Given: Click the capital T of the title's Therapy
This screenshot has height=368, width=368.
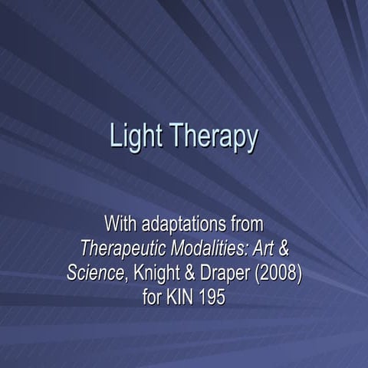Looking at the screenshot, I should [x=173, y=136].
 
